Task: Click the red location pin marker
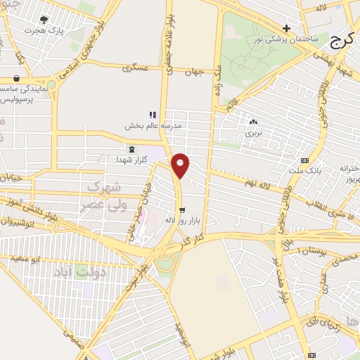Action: (181, 165)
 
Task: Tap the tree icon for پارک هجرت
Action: (44, 20)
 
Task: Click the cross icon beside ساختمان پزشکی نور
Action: (286, 27)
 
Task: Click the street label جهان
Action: (193, 71)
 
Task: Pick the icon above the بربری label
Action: (253, 121)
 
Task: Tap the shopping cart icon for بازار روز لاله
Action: (182, 210)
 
